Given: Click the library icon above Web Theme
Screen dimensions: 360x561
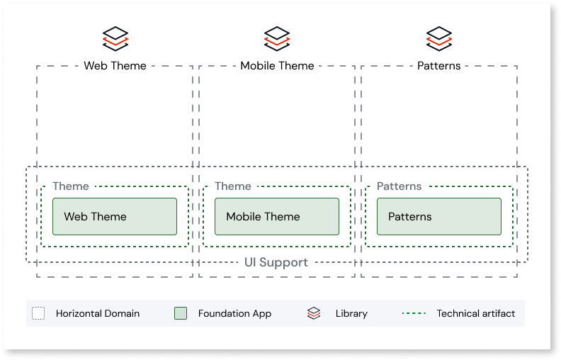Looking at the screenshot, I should click(115, 38).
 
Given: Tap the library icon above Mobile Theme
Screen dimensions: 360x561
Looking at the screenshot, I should click(277, 38).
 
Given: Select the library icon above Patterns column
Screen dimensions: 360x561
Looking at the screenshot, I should click(439, 38).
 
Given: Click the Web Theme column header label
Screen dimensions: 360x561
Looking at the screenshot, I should click(115, 66).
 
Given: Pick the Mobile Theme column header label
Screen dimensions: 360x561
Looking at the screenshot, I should click(277, 66).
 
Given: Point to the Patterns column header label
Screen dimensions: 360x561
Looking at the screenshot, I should click(439, 66).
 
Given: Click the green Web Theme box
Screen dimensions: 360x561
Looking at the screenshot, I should click(114, 217).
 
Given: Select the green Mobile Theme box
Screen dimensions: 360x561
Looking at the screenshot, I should click(276, 217).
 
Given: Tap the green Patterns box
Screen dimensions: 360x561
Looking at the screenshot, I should click(438, 217).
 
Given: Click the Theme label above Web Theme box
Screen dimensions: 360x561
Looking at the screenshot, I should click(71, 186).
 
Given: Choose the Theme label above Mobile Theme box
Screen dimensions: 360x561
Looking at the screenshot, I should click(233, 186).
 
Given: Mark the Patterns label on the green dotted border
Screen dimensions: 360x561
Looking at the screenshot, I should click(399, 186).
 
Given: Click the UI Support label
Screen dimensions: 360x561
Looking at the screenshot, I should click(276, 263).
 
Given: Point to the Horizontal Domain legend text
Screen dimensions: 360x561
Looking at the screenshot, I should click(98, 313).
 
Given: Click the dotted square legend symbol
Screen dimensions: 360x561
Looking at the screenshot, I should click(38, 313).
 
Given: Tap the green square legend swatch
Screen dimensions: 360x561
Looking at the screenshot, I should click(181, 313).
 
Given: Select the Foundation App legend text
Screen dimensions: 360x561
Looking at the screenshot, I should click(234, 313).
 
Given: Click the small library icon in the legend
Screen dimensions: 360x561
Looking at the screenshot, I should click(314, 313).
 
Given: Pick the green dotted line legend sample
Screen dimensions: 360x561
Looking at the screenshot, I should click(414, 313).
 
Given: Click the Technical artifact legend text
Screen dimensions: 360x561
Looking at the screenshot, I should click(475, 313).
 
